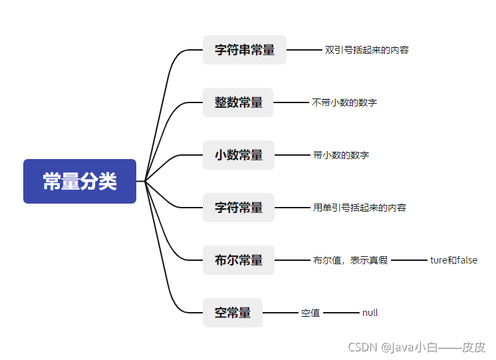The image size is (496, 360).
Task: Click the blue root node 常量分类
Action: [x=80, y=181]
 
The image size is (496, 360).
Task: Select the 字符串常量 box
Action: [x=245, y=50]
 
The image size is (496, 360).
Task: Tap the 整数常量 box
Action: [x=239, y=102]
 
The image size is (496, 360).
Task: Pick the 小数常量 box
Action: [x=239, y=155]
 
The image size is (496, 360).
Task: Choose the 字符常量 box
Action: [x=239, y=208]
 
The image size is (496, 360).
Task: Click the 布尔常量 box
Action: [x=239, y=260]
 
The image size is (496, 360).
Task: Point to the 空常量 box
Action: [x=233, y=313]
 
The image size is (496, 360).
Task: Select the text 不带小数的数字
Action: [x=344, y=102]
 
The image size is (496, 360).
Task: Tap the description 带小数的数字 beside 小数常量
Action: [x=341, y=155]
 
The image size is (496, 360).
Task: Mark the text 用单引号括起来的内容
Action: [x=360, y=208]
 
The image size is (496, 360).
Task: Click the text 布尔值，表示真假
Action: [x=350, y=260]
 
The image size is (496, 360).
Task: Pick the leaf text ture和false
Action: [x=453, y=260]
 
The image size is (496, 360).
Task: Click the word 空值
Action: [x=310, y=313]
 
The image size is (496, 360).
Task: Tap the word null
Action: [x=370, y=313]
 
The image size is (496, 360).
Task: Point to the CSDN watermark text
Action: [x=417, y=347]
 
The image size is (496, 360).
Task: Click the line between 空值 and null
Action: [x=341, y=313]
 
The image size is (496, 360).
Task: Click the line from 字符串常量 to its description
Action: [x=304, y=50]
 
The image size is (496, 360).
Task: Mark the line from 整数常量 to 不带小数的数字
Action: [x=291, y=102]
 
